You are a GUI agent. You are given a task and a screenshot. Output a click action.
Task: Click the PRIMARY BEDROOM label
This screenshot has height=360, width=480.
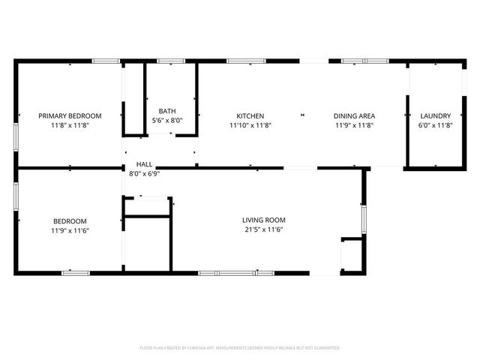[x=70, y=116]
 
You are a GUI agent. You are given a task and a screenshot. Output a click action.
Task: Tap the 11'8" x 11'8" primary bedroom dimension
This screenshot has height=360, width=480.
[x=70, y=126]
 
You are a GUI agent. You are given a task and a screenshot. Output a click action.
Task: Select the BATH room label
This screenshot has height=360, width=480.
[x=166, y=111]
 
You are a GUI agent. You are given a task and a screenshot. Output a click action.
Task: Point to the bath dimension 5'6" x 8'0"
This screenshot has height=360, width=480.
[x=166, y=121]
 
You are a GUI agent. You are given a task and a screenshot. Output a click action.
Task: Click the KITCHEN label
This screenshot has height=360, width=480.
[x=250, y=116]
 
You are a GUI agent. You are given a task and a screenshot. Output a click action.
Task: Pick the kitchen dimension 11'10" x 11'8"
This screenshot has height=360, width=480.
[x=250, y=126]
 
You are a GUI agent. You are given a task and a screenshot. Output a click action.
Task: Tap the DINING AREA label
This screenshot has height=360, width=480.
[x=354, y=116]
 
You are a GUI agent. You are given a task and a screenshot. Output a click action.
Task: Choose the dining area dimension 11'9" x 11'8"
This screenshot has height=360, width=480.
[x=354, y=126]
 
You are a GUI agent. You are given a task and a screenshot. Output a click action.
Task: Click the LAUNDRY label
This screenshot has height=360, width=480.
[x=435, y=116]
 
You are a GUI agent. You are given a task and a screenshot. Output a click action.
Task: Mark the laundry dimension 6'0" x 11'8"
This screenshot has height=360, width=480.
[x=435, y=126]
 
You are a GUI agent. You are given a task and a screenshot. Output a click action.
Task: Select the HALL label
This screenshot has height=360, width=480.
[x=144, y=163]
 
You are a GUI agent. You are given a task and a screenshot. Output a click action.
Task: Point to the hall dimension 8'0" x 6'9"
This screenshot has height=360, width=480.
[x=144, y=173]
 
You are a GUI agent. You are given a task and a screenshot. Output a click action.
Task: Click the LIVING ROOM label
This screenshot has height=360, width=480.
[x=263, y=220]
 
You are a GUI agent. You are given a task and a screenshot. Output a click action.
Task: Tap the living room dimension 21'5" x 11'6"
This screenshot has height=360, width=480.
[x=263, y=230]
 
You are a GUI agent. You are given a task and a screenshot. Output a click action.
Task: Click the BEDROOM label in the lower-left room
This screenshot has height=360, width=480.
[x=70, y=221]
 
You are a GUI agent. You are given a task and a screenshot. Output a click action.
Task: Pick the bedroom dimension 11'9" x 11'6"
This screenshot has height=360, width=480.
[x=70, y=231]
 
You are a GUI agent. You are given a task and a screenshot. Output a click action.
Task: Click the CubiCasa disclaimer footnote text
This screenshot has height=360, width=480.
[x=240, y=348]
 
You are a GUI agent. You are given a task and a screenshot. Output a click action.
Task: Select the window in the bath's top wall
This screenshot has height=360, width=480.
[x=171, y=61]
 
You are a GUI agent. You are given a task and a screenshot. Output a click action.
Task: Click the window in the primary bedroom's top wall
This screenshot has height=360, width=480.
[x=105, y=61]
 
